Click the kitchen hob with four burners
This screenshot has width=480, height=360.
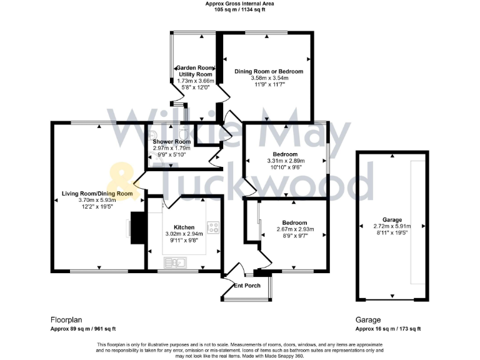pyautogui.click(x=214, y=228)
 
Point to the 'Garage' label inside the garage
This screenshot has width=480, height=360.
pyautogui.click(x=392, y=220)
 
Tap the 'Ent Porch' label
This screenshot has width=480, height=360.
pyautogui.click(x=246, y=286)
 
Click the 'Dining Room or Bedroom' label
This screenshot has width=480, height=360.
pyautogui.click(x=268, y=71)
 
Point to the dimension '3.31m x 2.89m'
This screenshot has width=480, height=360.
pyautogui.click(x=285, y=161)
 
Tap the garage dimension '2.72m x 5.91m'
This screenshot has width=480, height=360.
pyautogui.click(x=392, y=226)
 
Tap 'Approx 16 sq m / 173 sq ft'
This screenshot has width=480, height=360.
pyautogui.click(x=387, y=329)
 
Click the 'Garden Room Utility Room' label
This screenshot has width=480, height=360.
pyautogui.click(x=195, y=71)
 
